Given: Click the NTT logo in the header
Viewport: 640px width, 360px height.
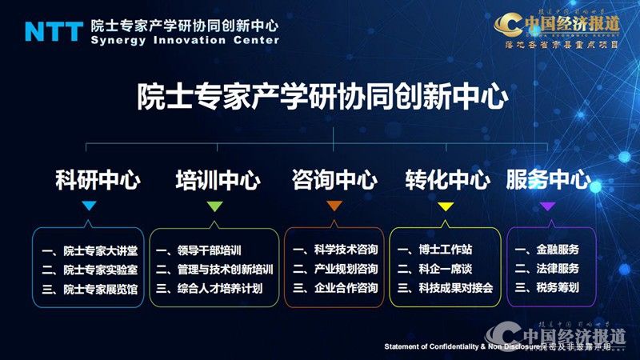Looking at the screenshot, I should click(54, 31).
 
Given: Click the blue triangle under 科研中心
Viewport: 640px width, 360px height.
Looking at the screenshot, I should click(90, 206).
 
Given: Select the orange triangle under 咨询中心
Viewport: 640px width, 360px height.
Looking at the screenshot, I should click(334, 206).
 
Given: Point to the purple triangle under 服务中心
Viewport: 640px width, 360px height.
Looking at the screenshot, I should click(548, 206).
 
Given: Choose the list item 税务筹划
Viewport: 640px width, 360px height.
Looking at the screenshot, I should click(558, 288).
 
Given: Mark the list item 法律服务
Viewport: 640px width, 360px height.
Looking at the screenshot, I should click(558, 269).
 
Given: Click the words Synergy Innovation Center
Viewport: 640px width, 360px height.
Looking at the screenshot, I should click(185, 40).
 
